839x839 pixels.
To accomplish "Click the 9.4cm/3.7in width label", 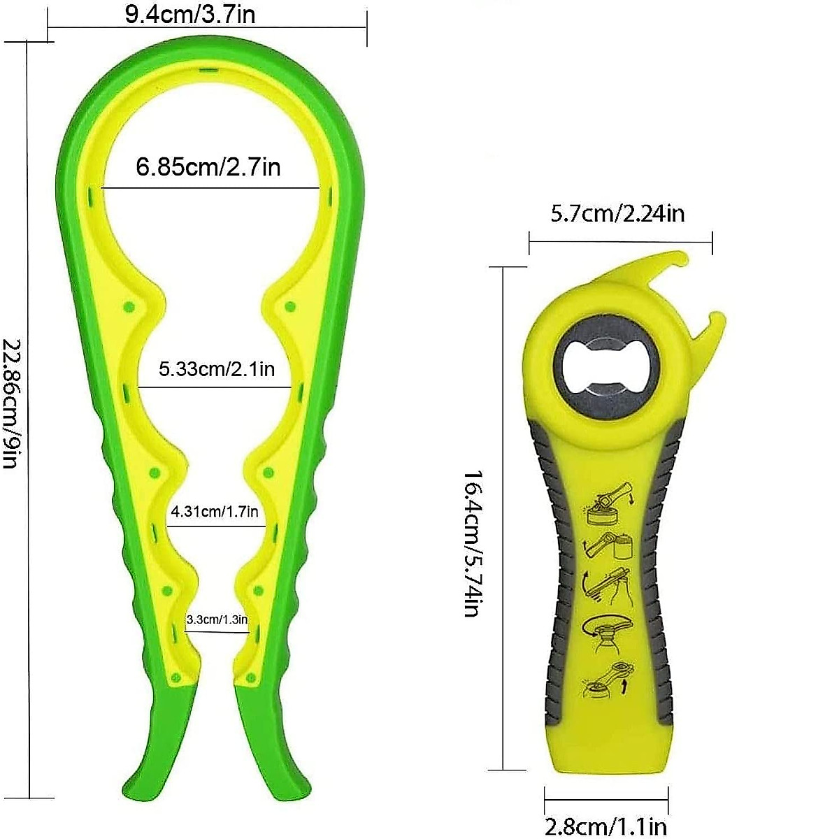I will (190, 14).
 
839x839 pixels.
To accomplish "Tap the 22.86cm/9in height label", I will (12, 403).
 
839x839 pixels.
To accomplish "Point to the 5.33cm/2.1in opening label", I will (216, 368).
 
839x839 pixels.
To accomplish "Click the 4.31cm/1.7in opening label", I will (215, 512).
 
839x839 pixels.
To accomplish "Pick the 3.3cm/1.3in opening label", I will (217, 619).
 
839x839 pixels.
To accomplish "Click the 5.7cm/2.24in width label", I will (617, 213).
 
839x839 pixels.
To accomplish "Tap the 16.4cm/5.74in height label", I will (473, 543).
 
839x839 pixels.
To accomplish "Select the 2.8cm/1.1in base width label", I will (605, 827).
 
